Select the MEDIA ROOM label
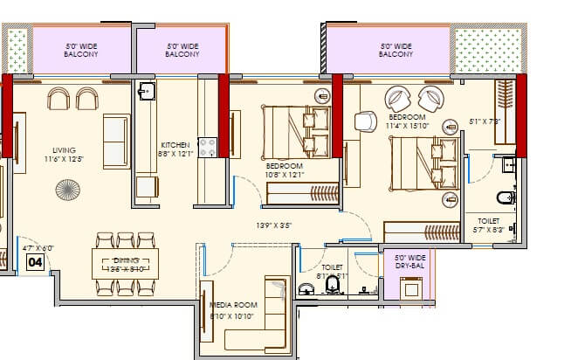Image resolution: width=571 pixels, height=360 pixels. point(233,309)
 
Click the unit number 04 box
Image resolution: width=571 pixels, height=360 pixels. point(36,262)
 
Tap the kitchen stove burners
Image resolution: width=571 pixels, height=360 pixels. point(208,148)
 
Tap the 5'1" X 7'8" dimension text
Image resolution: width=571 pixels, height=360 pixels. point(485,121)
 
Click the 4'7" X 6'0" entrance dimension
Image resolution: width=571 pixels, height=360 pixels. point(37,248)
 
